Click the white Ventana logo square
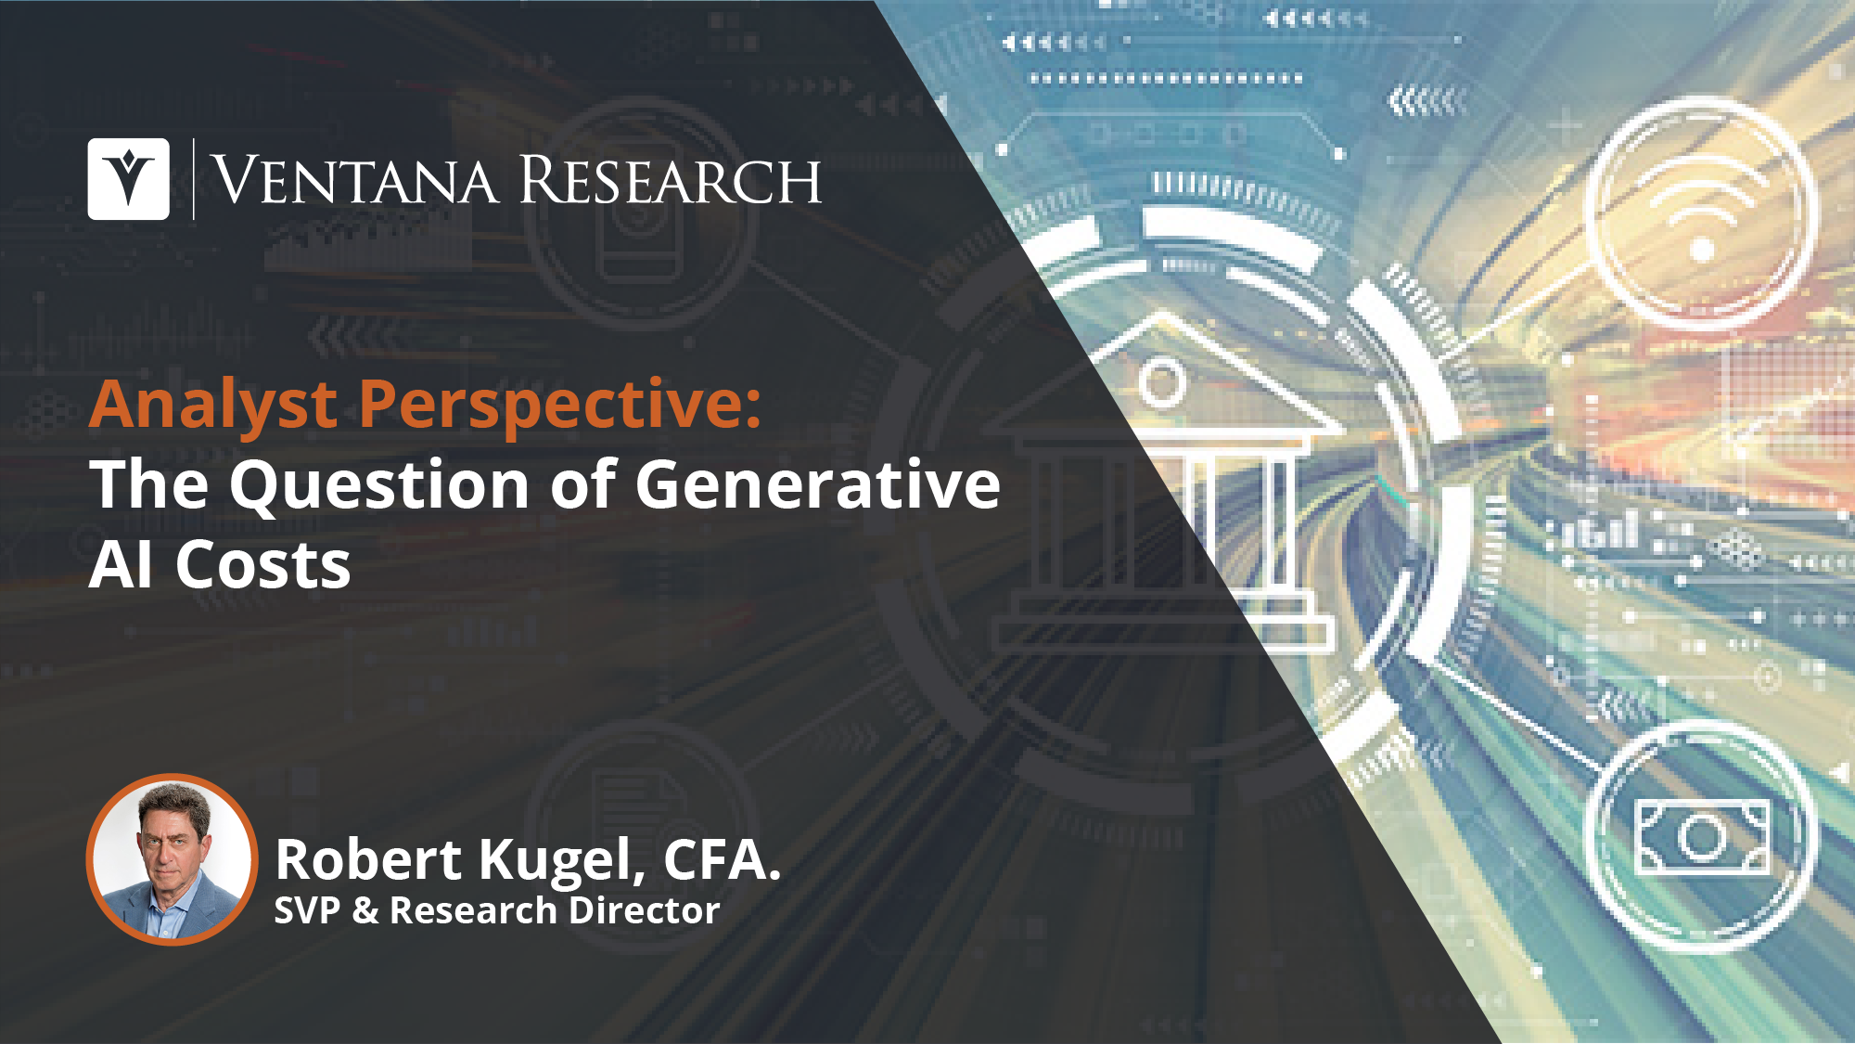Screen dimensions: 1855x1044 click(128, 179)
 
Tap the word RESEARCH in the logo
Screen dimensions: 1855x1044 click(671, 180)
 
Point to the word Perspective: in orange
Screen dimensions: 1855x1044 click(560, 406)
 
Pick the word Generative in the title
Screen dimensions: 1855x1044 click(818, 484)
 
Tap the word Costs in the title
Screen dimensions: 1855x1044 click(263, 565)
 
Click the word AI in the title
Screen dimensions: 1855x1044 click(121, 565)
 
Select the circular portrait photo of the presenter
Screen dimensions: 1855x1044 click(172, 859)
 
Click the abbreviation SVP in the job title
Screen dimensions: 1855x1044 click(307, 910)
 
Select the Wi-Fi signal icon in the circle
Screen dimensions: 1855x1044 click(1701, 213)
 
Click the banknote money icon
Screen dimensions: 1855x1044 click(1702, 837)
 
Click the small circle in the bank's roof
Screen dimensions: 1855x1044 click(1162, 380)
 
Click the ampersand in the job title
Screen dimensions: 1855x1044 click(365, 911)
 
